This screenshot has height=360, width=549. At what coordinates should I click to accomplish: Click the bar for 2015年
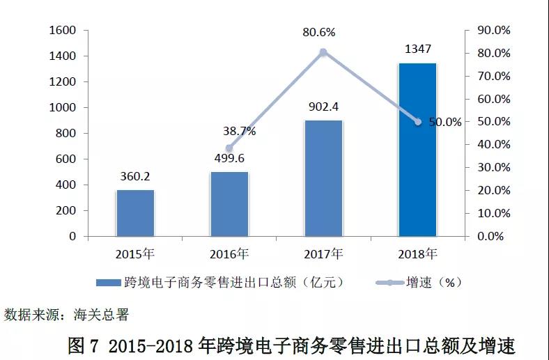[x=135, y=213]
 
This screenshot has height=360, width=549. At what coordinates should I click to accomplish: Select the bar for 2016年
[x=229, y=204]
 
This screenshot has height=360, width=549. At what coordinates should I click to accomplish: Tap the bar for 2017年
[x=323, y=178]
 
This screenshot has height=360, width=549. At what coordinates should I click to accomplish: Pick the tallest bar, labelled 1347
[x=417, y=150]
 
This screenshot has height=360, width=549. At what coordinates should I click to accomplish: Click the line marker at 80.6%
[x=323, y=52]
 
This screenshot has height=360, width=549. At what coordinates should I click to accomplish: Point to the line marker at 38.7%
[x=229, y=148]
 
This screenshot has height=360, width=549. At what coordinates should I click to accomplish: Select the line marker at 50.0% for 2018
[x=418, y=122]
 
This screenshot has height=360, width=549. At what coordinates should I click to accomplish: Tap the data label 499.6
[x=229, y=159]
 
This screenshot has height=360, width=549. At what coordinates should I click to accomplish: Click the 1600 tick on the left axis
[x=63, y=31]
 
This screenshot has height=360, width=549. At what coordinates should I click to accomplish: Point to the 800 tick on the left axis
[x=66, y=134]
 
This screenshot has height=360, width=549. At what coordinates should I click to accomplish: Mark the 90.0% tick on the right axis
[x=493, y=31]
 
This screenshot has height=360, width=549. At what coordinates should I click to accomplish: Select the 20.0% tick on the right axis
[x=493, y=191]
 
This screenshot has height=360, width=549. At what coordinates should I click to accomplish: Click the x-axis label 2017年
[x=324, y=253]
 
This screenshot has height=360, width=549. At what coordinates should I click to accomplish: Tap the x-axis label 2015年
[x=136, y=253]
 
